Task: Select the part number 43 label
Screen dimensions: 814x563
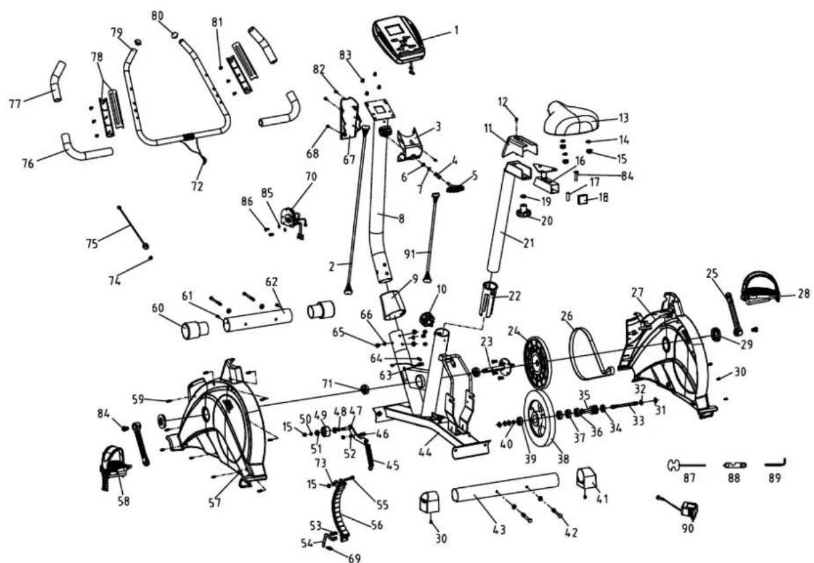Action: tap(499, 530)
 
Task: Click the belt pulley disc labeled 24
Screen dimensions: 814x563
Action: tap(537, 362)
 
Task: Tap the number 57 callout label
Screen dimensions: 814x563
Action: tap(214, 503)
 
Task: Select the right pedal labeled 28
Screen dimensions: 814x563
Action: tap(760, 287)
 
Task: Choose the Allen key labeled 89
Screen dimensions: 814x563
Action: tap(775, 463)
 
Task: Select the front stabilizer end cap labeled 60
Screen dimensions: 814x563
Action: tap(195, 330)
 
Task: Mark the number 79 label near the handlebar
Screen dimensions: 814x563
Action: tap(117, 32)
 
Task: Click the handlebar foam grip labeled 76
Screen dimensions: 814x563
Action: tap(86, 149)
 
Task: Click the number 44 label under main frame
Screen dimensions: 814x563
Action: tap(425, 453)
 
